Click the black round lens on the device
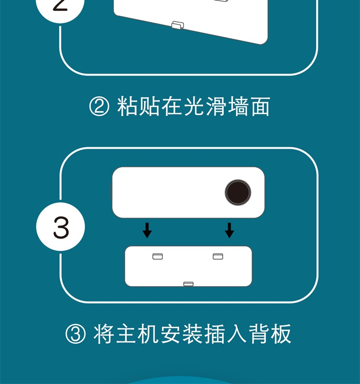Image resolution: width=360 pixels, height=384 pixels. click(x=238, y=192)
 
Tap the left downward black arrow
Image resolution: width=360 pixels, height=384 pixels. click(x=147, y=230)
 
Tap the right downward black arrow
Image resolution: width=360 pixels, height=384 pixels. click(x=229, y=230)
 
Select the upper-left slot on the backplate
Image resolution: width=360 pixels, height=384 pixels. click(x=157, y=256)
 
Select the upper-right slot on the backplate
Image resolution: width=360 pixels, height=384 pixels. click(x=218, y=256)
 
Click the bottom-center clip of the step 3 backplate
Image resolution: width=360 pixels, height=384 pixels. click(x=188, y=284)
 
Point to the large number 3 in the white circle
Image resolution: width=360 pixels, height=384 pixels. click(x=61, y=228)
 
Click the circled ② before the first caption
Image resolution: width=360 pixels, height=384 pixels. click(x=99, y=106)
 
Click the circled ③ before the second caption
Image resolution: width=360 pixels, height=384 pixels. click(x=75, y=334)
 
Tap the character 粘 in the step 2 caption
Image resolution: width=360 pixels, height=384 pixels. click(x=127, y=106)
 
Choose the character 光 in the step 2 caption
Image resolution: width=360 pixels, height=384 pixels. click(x=194, y=106)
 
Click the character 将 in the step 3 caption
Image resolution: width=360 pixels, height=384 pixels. click(x=104, y=334)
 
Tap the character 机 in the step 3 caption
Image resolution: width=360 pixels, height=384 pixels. click(x=148, y=334)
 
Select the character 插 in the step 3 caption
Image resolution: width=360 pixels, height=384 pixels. click(x=215, y=334)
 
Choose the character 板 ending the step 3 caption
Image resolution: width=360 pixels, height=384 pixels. click(x=281, y=334)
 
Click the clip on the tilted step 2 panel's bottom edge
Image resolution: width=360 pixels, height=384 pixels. click(x=178, y=25)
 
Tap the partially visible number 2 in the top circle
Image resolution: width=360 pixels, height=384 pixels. click(x=60, y=5)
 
